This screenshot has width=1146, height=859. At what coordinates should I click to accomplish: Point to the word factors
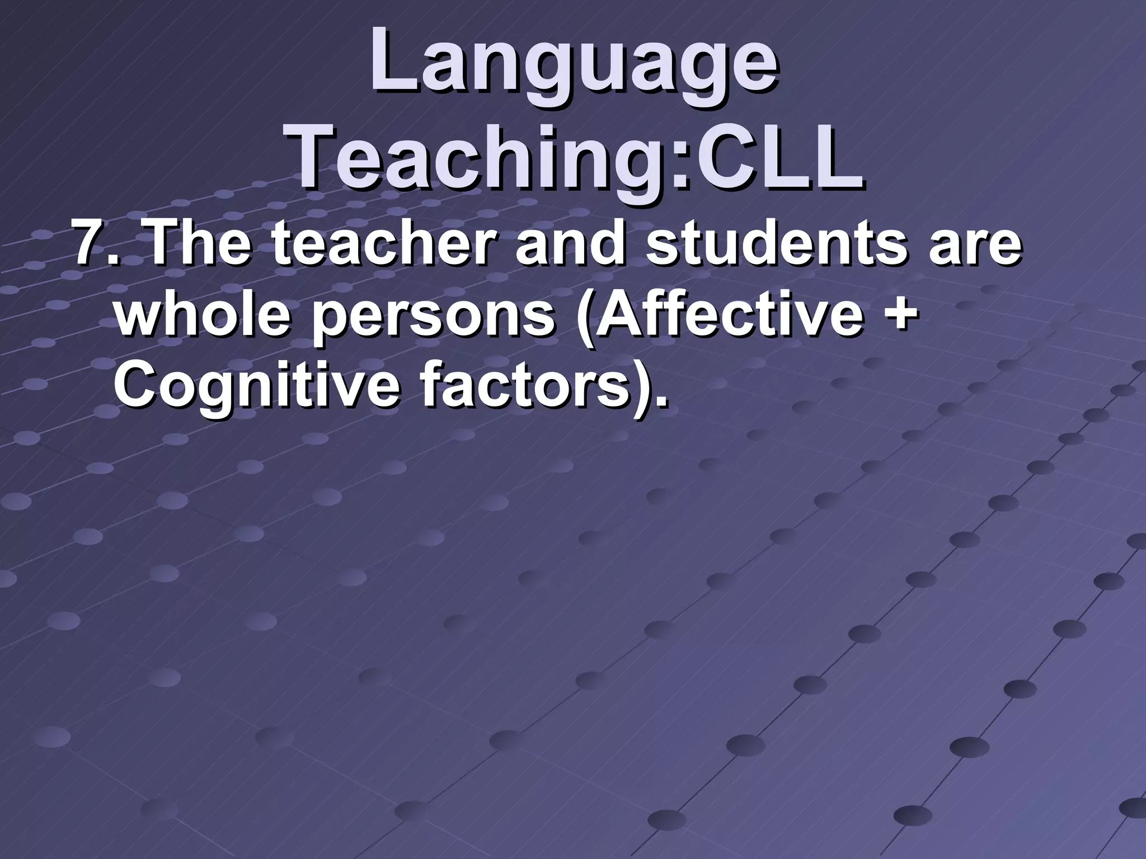coord(523,386)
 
